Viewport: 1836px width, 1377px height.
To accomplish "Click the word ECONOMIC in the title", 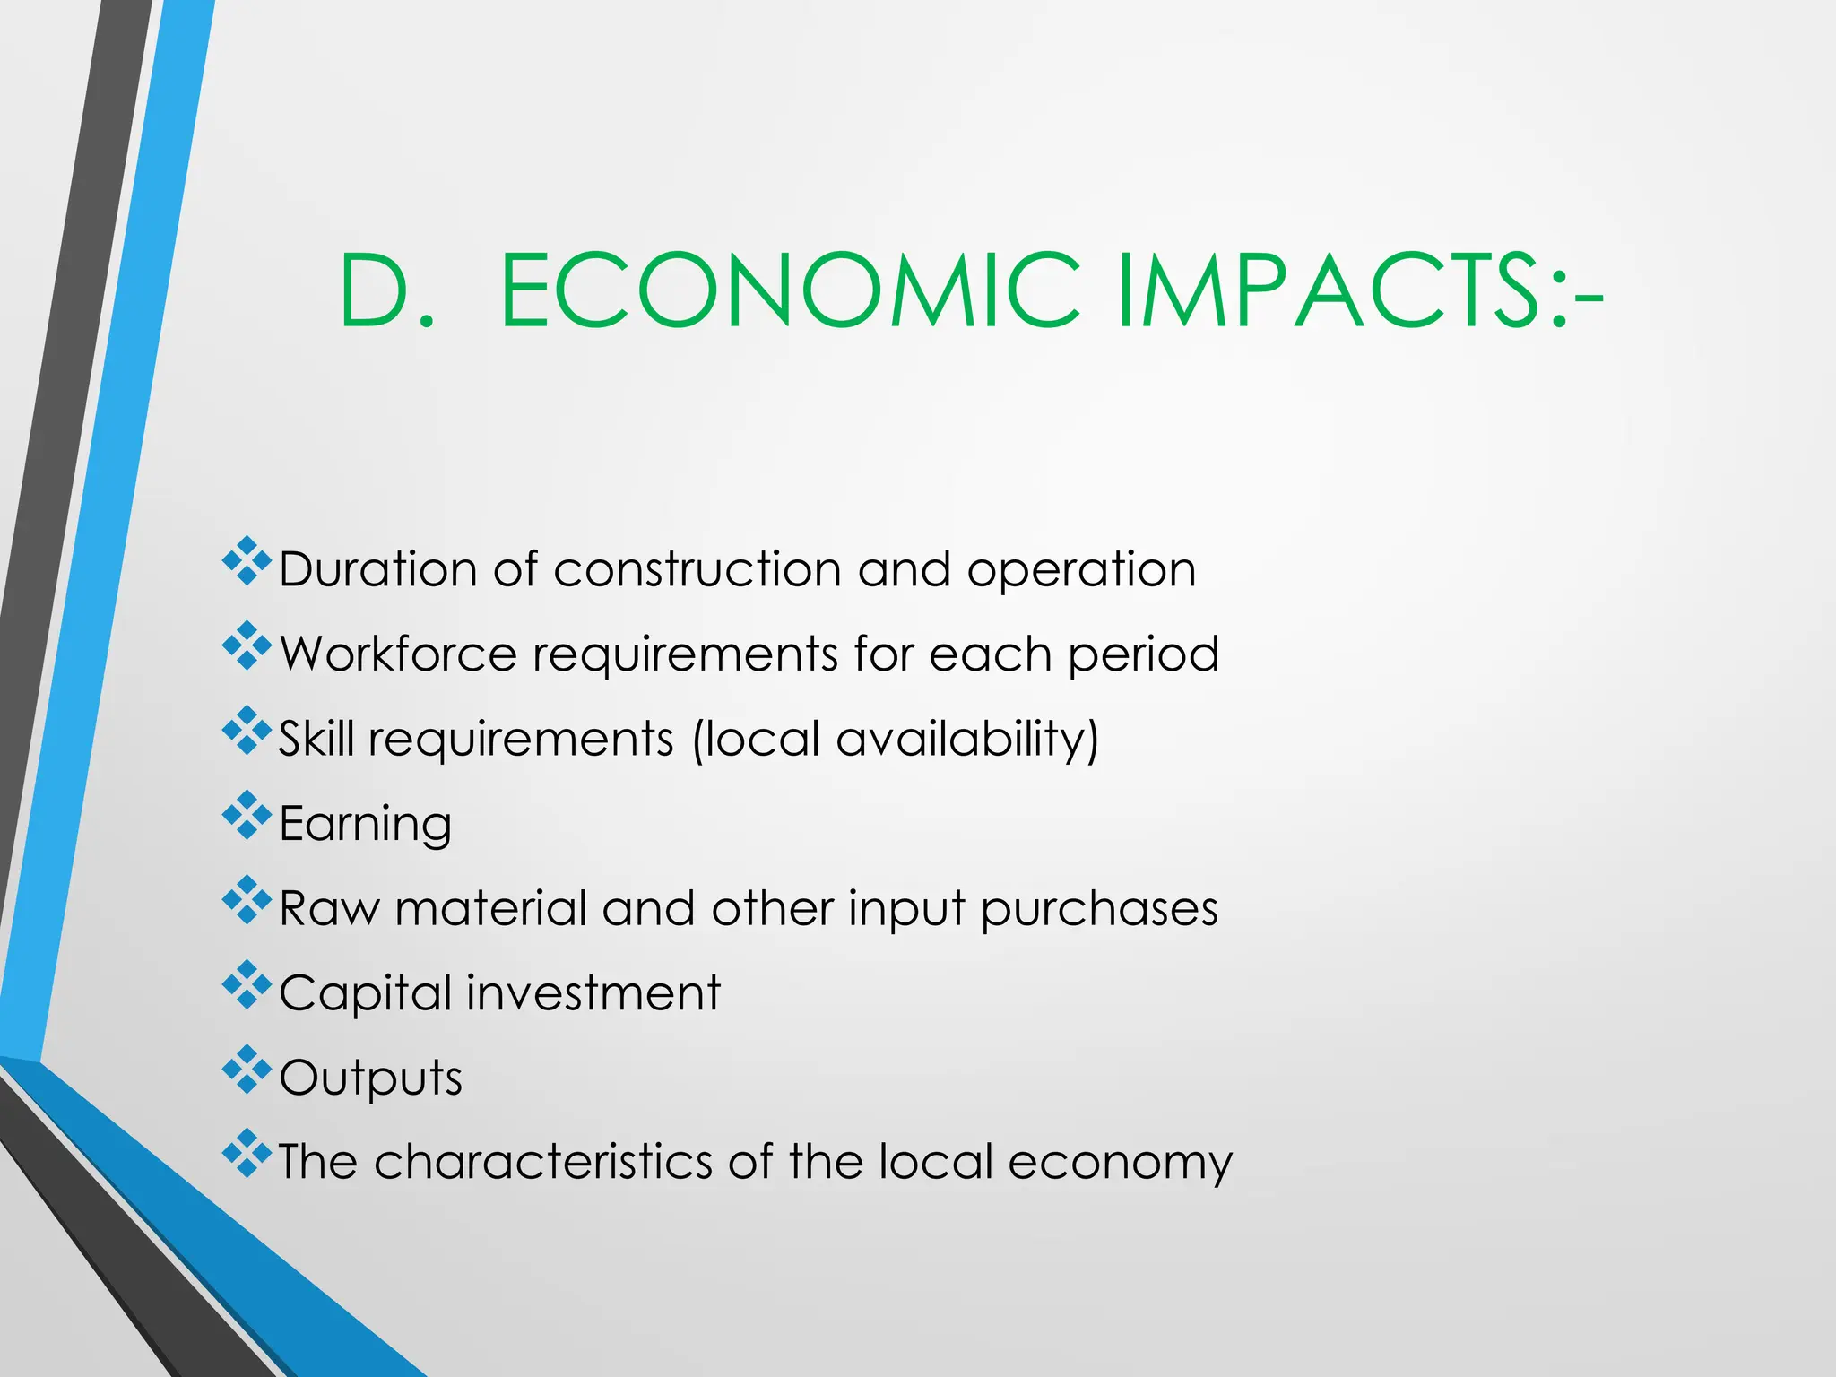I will (x=790, y=291).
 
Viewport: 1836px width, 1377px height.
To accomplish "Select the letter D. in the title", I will (x=386, y=291).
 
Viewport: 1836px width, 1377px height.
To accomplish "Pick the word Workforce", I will (x=398, y=654).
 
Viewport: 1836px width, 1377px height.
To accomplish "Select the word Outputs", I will (x=370, y=1078).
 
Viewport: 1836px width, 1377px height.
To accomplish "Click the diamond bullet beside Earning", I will (x=247, y=816).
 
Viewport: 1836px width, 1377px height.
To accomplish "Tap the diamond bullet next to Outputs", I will (x=247, y=1070).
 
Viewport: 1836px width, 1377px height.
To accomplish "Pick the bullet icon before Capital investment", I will (x=247, y=985).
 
